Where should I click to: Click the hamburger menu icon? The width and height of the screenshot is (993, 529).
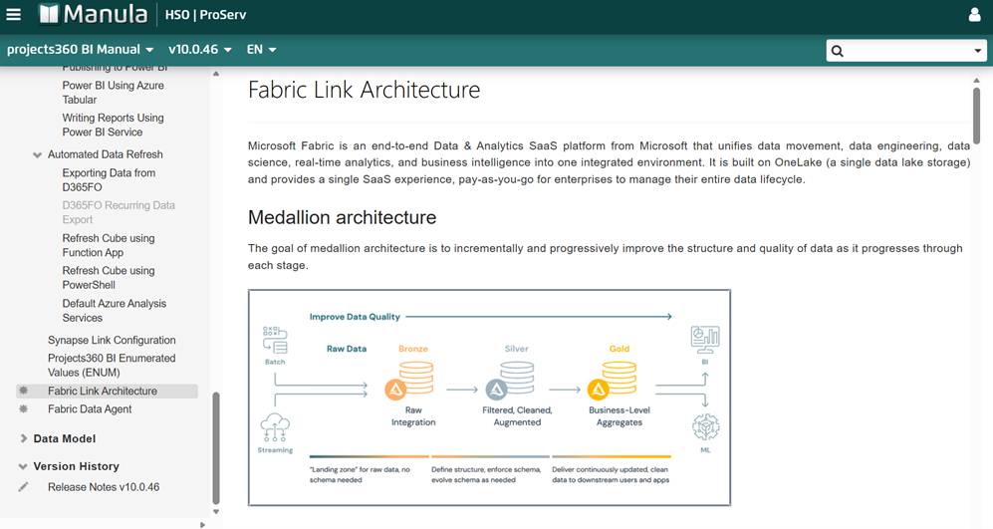click(14, 15)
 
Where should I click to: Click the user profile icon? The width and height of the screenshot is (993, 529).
click(974, 15)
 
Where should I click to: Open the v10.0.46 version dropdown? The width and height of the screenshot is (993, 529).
click(199, 49)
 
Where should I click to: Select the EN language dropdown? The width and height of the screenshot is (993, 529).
click(261, 49)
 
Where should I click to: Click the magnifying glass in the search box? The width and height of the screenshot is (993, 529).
click(838, 51)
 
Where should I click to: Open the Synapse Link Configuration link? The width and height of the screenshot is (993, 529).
click(112, 340)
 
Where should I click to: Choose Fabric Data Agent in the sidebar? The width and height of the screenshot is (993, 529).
click(90, 408)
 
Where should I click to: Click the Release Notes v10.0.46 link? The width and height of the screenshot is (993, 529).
click(104, 487)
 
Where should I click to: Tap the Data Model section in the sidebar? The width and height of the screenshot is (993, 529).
click(65, 438)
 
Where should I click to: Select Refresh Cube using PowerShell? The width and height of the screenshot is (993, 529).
click(108, 277)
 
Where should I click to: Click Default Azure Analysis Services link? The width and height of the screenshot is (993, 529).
click(114, 311)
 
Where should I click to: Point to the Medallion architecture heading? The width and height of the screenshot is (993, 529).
click(342, 217)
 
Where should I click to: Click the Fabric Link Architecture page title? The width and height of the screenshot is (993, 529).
click(364, 90)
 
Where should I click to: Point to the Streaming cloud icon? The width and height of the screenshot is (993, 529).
click(275, 427)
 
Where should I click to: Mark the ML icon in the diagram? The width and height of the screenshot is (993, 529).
click(705, 428)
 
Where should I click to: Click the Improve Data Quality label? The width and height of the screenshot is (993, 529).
click(355, 317)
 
